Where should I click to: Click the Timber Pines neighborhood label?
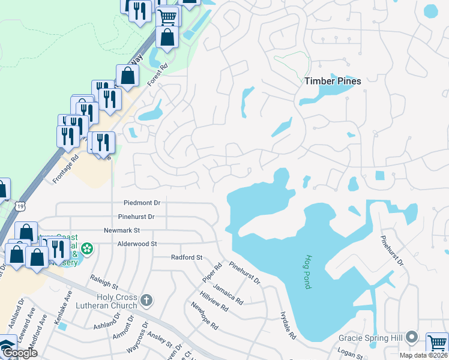333,81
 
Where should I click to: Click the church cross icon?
146,299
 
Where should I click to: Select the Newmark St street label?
122,230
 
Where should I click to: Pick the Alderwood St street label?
137,244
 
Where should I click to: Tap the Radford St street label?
187,257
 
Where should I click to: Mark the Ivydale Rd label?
288,325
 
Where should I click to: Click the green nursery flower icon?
88,248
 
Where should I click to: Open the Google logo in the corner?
19,352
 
